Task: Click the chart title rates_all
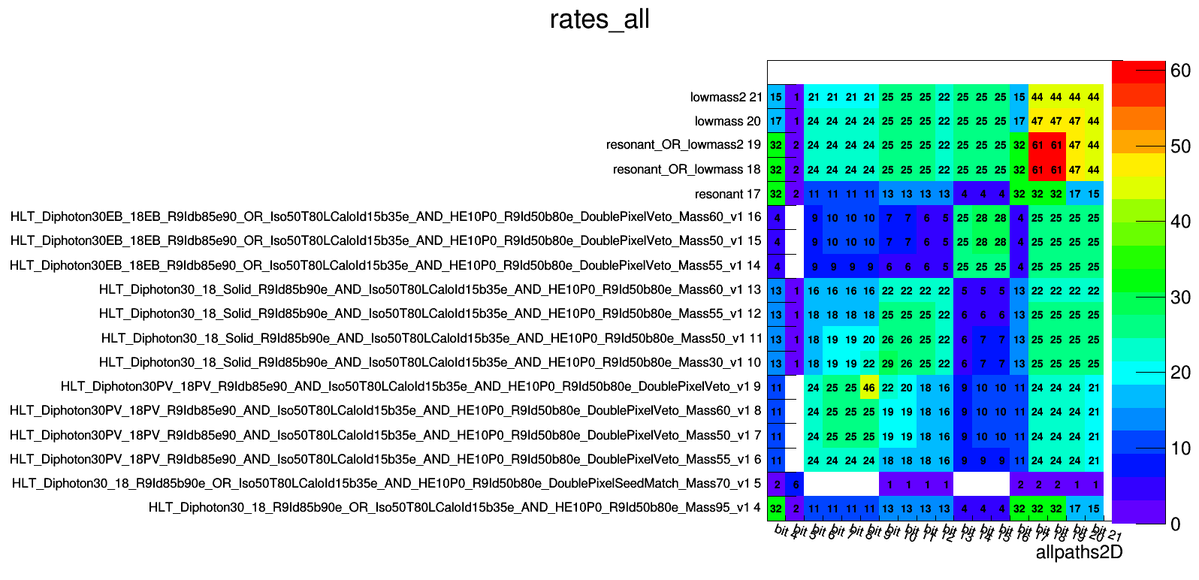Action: point(599,19)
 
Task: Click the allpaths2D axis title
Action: point(1079,553)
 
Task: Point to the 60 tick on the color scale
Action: point(1180,71)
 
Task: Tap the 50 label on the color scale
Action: point(1180,147)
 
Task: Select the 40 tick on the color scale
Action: point(1180,222)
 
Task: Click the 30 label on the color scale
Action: point(1180,298)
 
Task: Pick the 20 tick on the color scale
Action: point(1180,373)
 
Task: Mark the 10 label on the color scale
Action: point(1180,449)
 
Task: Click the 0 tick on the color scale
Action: point(1176,524)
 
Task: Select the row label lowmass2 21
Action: point(726,97)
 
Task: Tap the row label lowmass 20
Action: point(727,121)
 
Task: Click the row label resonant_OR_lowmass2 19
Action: point(683,145)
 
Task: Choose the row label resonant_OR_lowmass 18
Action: point(687,169)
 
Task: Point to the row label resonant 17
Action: point(727,194)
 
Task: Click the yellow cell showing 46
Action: point(869,388)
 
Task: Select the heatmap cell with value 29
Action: point(888,364)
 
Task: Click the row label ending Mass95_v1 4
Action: point(455,507)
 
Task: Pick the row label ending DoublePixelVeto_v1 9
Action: point(411,387)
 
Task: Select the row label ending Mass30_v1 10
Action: point(430,362)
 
